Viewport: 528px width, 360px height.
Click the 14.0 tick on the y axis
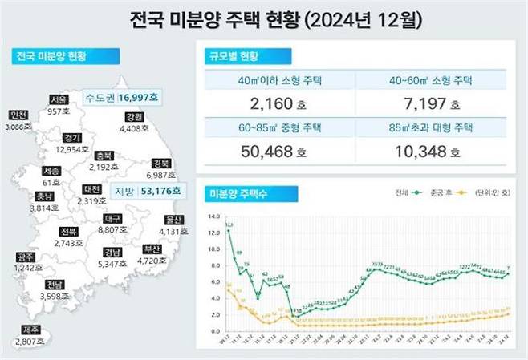coord(213,216)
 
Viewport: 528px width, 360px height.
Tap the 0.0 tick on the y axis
coord(213,331)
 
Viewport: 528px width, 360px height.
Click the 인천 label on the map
coord(16,116)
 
